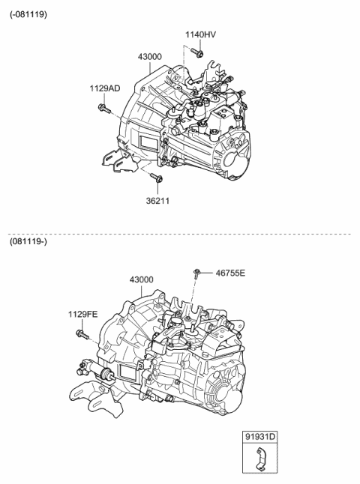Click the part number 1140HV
click(200, 34)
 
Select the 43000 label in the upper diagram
click(150, 57)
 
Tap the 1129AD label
click(105, 88)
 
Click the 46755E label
click(229, 273)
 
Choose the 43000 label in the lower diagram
click(141, 279)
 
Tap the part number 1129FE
click(83, 315)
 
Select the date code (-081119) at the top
click(28, 14)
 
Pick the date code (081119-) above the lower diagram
click(28, 242)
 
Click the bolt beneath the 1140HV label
click(198, 52)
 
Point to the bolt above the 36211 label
click(156, 178)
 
